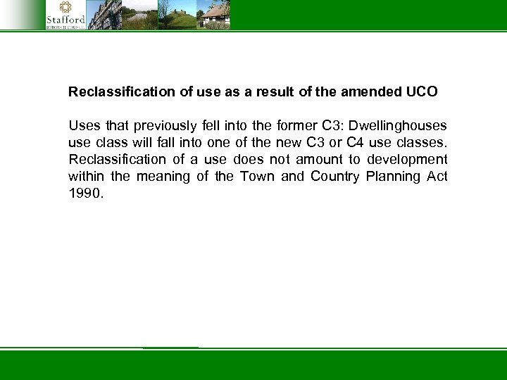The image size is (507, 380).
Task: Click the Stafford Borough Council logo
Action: [x=65, y=14]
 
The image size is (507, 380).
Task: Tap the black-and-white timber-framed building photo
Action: [x=104, y=14]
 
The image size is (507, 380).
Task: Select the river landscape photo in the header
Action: [x=140, y=14]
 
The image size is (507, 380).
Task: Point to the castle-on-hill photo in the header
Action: [x=177, y=14]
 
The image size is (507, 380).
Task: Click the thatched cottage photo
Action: [x=213, y=14]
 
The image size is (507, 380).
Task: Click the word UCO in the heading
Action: [x=422, y=91]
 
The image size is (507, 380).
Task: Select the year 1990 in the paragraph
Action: [x=85, y=194]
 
